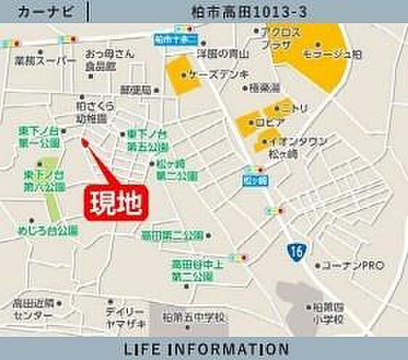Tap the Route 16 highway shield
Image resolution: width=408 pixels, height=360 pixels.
(x=295, y=250)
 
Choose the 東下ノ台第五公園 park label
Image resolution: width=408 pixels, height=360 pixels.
(x=147, y=140)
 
